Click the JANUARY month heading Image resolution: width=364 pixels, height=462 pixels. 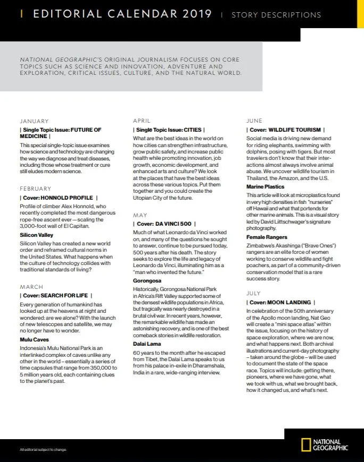(x=34, y=122)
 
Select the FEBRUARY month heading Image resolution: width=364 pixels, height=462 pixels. (x=36, y=189)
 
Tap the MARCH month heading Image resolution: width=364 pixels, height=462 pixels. (x=31, y=287)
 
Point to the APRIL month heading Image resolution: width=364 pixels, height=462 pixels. (x=142, y=121)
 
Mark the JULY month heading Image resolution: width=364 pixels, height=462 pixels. (x=253, y=293)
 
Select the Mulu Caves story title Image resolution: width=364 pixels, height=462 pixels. (x=34, y=339)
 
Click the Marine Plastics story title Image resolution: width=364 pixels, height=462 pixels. (x=265, y=187)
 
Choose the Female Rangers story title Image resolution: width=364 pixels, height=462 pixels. (x=267, y=237)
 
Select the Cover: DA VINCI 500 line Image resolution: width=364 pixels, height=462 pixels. (x=165, y=225)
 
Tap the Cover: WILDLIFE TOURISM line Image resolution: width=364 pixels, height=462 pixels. (x=286, y=130)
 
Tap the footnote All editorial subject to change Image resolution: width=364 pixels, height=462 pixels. (x=43, y=450)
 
